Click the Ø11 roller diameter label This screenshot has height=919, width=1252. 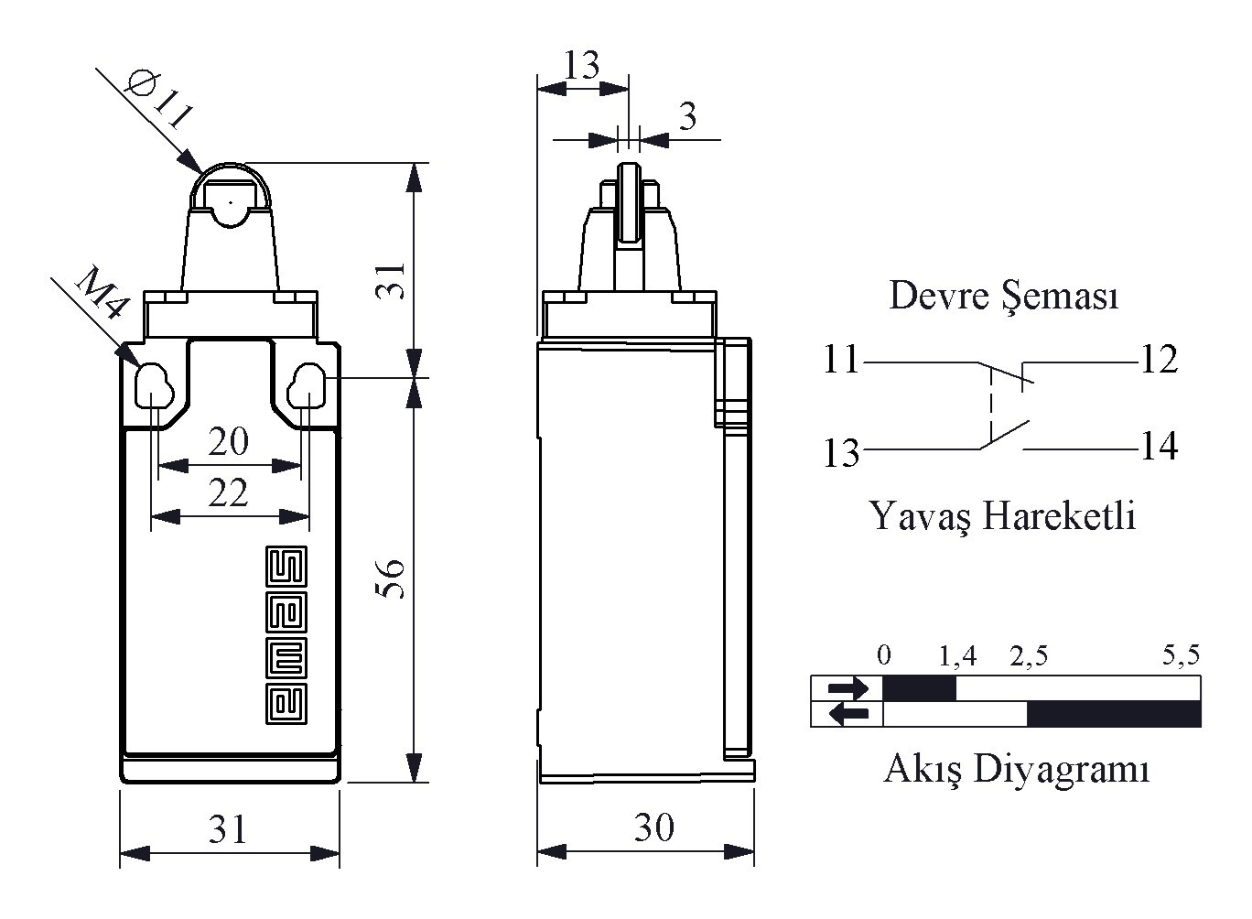[159, 100]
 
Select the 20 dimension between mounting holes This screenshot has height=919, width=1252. [228, 442]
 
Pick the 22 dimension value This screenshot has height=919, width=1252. [228, 493]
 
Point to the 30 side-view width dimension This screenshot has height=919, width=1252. [654, 827]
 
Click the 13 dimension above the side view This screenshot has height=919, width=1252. [581, 66]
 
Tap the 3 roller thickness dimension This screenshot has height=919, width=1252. [687, 116]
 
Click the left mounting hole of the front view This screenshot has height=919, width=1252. [150, 388]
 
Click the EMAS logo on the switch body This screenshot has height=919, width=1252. [286, 635]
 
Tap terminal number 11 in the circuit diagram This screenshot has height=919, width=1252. [841, 360]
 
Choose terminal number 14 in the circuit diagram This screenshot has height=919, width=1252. [1159, 447]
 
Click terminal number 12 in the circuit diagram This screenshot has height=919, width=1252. [1159, 360]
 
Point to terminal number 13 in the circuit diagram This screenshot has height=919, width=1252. [841, 453]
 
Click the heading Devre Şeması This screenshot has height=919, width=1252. [1004, 296]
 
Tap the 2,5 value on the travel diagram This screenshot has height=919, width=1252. [1029, 655]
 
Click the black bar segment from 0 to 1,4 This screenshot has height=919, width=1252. [919, 687]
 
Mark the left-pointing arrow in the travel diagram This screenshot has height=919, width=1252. [848, 713]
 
